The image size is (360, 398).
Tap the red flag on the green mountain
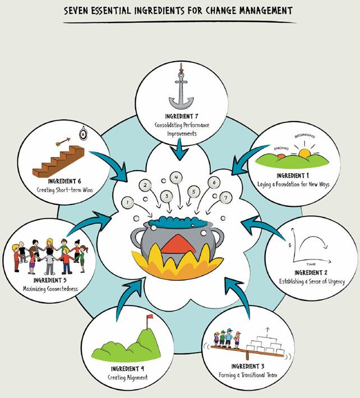click(x=150, y=317)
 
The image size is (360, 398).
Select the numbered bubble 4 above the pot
click(x=176, y=178)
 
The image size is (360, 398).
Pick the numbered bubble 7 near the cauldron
click(x=225, y=198)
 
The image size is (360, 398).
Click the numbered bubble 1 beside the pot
click(x=127, y=202)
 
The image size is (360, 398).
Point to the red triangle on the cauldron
click(x=178, y=244)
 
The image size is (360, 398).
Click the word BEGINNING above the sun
click(x=304, y=136)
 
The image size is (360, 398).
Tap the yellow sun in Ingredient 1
click(x=304, y=153)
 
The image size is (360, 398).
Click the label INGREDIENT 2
click(x=311, y=272)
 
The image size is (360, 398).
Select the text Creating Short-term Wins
click(x=64, y=190)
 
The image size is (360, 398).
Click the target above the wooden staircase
click(x=82, y=134)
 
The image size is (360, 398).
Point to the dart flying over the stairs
click(x=63, y=142)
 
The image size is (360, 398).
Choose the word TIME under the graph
click(x=311, y=265)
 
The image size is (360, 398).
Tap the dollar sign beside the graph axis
click(x=290, y=246)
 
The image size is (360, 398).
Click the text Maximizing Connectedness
click(x=50, y=289)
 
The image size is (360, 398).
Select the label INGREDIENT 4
click(x=127, y=368)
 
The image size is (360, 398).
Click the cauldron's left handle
click(x=137, y=237)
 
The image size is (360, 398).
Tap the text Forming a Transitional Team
click(x=248, y=375)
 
